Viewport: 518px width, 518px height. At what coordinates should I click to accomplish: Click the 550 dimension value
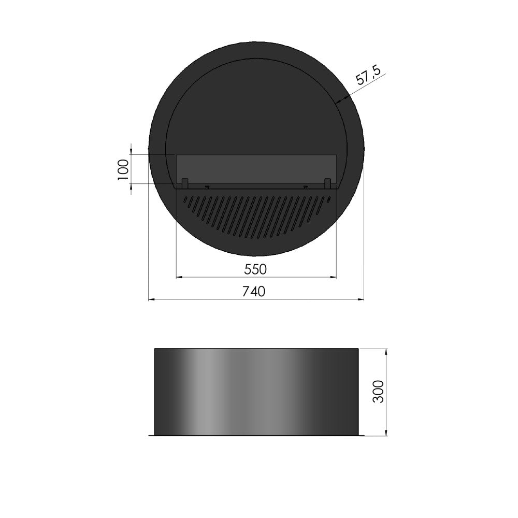tap(256, 269)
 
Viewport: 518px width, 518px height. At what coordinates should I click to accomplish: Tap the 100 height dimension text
tap(123, 169)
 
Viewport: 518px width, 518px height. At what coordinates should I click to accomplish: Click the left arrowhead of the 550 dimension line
tap(180, 278)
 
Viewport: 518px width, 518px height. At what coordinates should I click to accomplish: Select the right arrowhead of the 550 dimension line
tap(334, 278)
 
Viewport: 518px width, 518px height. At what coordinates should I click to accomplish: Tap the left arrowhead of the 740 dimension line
tap(152, 299)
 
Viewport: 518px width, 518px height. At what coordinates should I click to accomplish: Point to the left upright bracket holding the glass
tap(184, 183)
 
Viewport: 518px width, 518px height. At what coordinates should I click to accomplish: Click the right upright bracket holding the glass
tap(327, 183)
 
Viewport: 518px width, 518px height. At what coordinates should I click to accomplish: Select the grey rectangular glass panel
tap(256, 168)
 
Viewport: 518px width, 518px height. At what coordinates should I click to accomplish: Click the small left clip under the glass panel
tap(207, 186)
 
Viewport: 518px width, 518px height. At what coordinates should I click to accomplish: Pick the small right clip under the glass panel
tap(305, 186)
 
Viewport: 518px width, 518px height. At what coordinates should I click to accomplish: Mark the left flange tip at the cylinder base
tap(150, 436)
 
